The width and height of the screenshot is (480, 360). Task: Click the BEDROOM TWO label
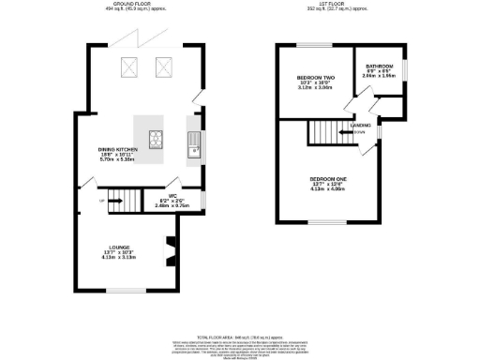[309, 82]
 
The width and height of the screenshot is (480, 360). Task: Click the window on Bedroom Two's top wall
[309, 45]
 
